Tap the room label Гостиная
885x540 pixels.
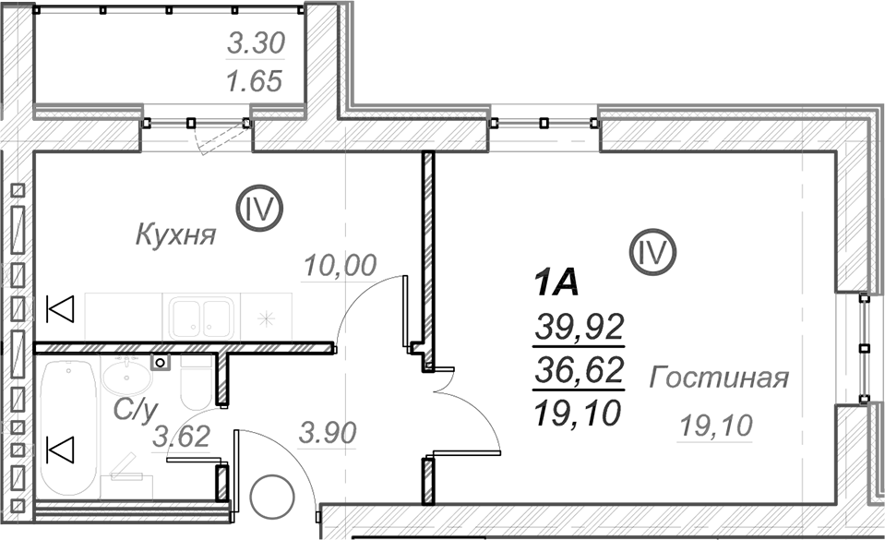click(x=719, y=378)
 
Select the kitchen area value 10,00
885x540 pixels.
click(x=340, y=266)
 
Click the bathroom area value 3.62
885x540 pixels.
click(x=182, y=437)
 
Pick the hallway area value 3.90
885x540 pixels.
click(x=328, y=433)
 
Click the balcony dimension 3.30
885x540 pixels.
click(x=257, y=43)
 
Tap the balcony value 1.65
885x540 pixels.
click(x=254, y=81)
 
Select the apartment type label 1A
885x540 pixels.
click(x=556, y=283)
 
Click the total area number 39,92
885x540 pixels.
click(x=580, y=327)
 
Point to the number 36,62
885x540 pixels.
click(x=580, y=370)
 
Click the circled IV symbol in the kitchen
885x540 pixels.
click(x=259, y=209)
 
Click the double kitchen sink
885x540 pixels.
click(x=201, y=318)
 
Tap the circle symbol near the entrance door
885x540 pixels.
click(x=272, y=498)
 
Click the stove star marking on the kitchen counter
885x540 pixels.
click(x=266, y=319)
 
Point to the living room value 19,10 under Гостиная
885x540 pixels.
click(x=716, y=426)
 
